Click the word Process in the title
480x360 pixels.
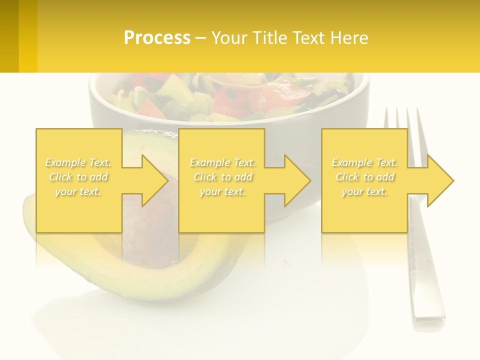point(157,38)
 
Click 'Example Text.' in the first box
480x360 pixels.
point(78,162)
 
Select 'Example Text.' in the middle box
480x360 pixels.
point(222,162)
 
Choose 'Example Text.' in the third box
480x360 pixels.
point(364,162)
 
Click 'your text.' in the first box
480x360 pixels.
point(78,191)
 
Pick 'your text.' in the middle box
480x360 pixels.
point(222,191)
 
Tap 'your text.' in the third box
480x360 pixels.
point(364,191)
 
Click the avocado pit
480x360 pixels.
point(150,220)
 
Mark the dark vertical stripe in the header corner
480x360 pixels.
point(9,36)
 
